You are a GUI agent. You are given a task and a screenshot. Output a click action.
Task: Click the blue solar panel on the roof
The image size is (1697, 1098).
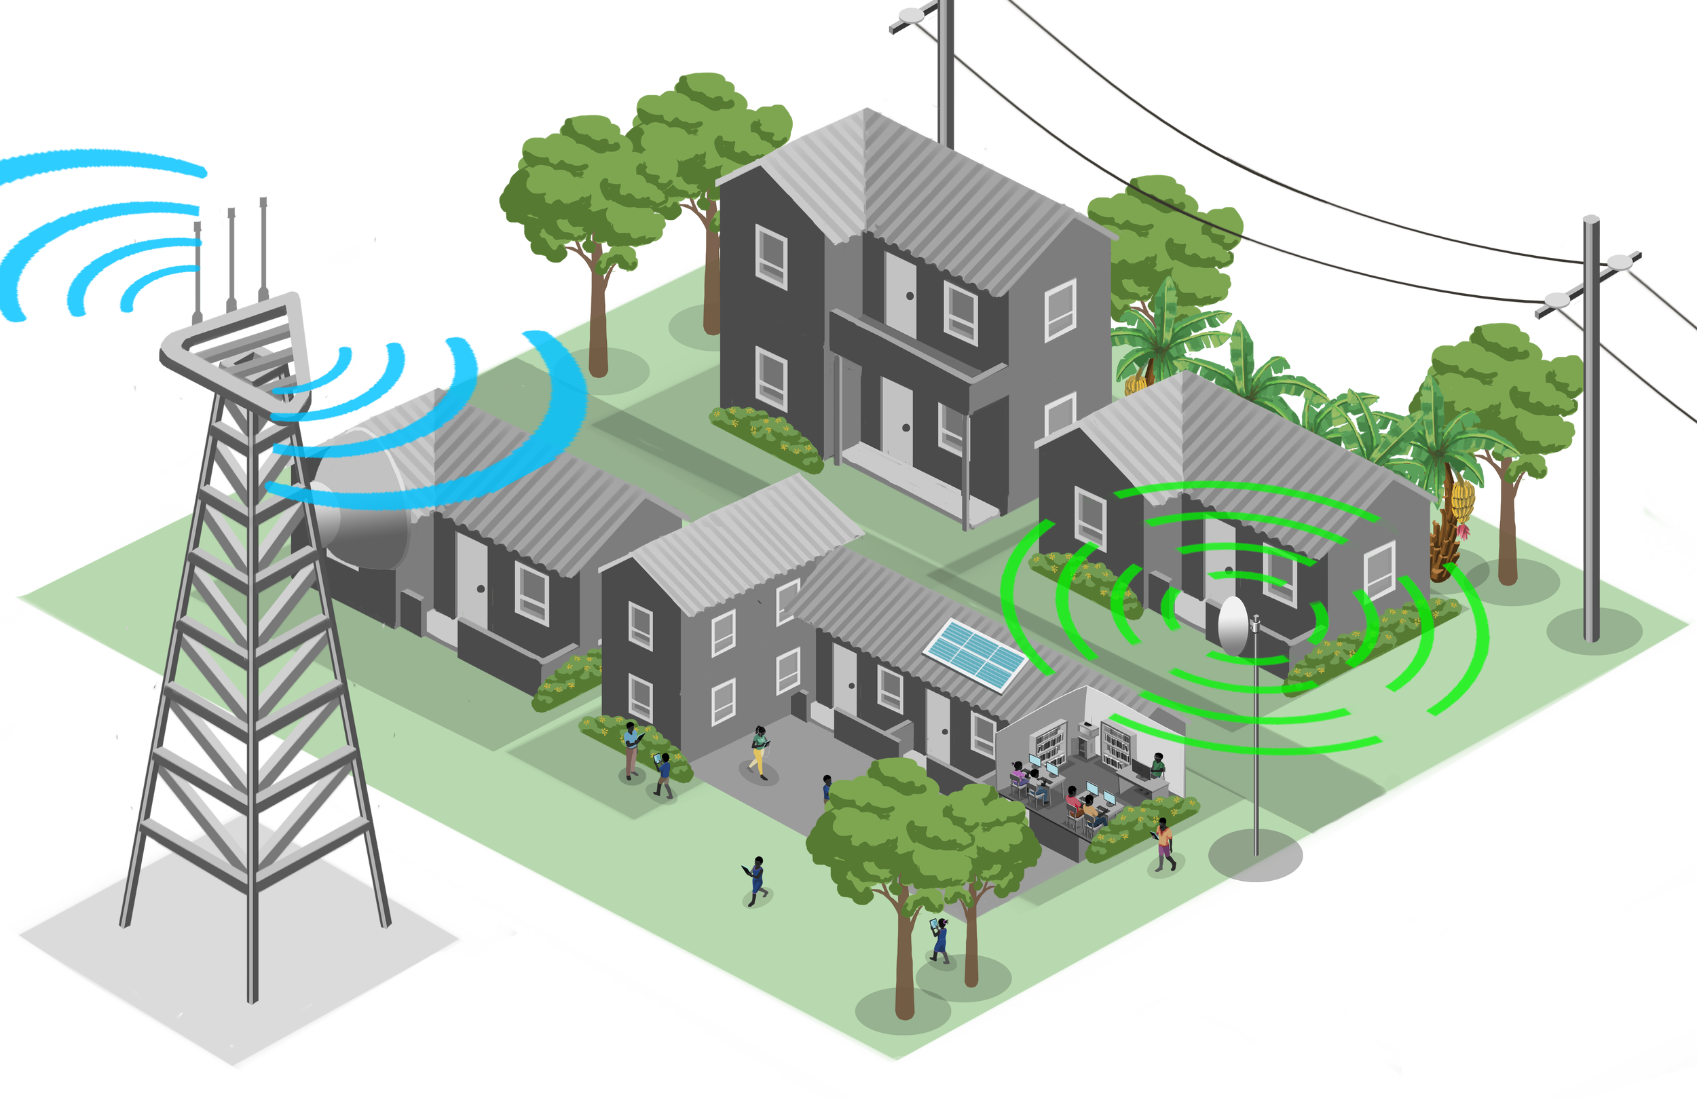pos(975,654)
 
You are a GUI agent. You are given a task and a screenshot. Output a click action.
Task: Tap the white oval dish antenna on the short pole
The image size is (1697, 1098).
pos(1232,625)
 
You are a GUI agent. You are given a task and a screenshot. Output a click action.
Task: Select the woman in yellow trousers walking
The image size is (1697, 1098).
pos(760,751)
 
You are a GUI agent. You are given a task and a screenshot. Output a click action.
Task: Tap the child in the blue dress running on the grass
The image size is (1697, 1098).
pos(756,881)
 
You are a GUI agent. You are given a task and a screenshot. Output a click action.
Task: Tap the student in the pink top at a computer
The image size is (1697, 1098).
pos(1019,773)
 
